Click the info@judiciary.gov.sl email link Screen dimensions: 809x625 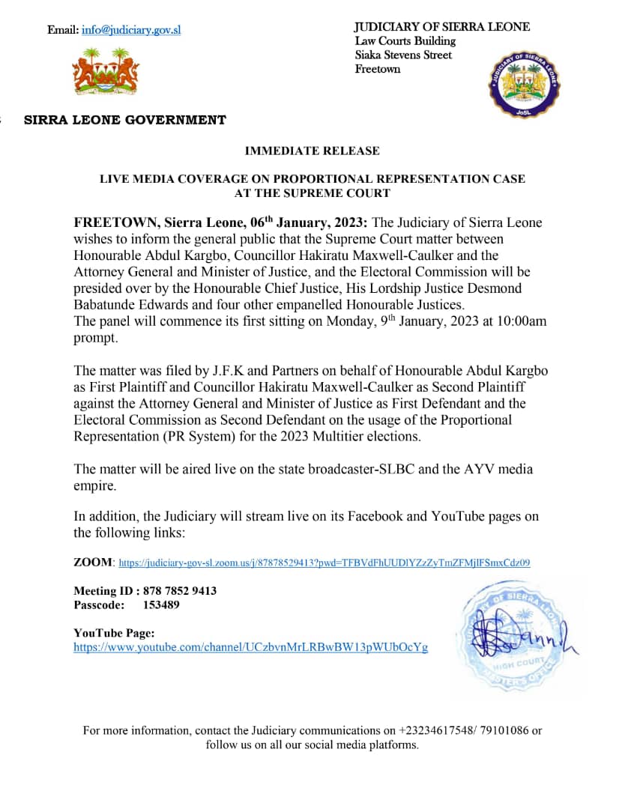pyautogui.click(x=131, y=30)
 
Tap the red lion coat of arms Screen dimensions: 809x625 pyautogui.click(x=106, y=72)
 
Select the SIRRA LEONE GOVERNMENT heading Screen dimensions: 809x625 pyautogui.click(x=124, y=120)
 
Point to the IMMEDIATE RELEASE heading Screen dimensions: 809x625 pyautogui.click(x=312, y=151)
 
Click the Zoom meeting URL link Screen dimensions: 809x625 pyautogui.click(x=324, y=562)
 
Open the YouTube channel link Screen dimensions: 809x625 pyautogui.click(x=250, y=647)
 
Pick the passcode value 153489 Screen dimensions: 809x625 pyautogui.click(x=161, y=605)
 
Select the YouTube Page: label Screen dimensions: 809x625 pyautogui.click(x=114, y=633)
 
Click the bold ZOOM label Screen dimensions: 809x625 pyautogui.click(x=94, y=562)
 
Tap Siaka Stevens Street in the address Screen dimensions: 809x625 pyautogui.click(x=403, y=55)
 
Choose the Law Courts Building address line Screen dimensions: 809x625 pyautogui.click(x=405, y=41)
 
